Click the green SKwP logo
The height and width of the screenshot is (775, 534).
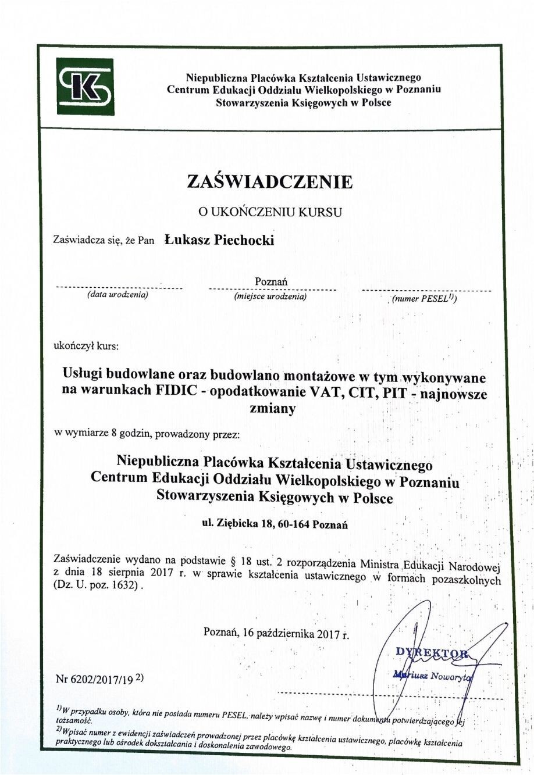(x=84, y=87)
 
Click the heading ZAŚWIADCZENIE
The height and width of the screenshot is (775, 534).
(x=270, y=181)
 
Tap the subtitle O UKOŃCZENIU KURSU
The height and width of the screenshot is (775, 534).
(x=269, y=212)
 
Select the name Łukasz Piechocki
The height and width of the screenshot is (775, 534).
(x=219, y=240)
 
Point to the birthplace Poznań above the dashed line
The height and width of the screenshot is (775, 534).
(x=271, y=281)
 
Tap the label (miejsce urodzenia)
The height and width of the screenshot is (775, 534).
(x=270, y=297)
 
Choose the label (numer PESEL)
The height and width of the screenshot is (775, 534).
(x=424, y=299)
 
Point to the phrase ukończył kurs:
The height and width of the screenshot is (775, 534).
(x=86, y=347)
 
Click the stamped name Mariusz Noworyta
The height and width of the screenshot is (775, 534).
(x=434, y=675)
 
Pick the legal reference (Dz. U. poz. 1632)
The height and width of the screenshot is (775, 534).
(x=97, y=587)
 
